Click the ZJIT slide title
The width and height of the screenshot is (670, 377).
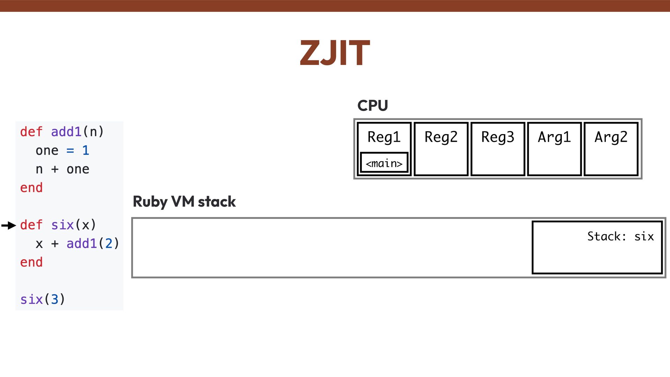click(335, 53)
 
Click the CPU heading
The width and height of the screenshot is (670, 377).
click(372, 105)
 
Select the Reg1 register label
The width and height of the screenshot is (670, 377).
click(384, 137)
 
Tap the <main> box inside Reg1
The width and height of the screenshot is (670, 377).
click(384, 163)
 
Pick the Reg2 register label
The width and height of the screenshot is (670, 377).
click(441, 137)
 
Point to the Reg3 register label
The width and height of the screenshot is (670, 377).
click(498, 137)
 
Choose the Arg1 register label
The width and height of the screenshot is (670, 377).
click(554, 137)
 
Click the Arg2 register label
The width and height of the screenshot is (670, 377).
click(611, 137)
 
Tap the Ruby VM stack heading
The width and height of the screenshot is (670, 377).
click(184, 202)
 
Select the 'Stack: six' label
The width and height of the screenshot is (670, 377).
click(620, 236)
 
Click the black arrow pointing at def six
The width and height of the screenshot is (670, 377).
click(9, 226)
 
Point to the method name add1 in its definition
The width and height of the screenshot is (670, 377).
click(66, 132)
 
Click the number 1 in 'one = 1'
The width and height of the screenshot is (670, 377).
click(85, 150)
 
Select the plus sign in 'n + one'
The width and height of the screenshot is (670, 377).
click(55, 169)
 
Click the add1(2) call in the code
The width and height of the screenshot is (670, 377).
click(93, 244)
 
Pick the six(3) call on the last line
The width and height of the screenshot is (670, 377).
click(43, 300)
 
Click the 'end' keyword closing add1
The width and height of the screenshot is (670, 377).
click(31, 188)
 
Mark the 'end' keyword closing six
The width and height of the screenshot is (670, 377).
click(31, 262)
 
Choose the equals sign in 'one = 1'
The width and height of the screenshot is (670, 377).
click(70, 150)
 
